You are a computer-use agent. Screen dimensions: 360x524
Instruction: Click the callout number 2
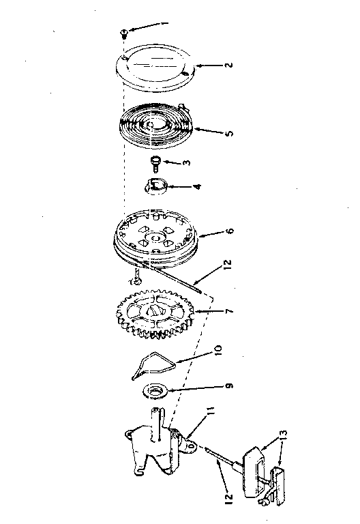coord(228,65)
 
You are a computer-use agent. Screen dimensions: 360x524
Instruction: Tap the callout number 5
coord(229,133)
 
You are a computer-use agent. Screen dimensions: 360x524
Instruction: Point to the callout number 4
coord(197,186)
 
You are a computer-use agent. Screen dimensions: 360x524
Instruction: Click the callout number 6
coord(230,231)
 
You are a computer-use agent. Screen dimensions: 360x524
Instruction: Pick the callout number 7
coord(229,311)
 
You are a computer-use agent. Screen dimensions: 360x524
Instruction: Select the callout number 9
coord(229,385)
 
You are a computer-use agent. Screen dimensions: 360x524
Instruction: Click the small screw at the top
coord(123,33)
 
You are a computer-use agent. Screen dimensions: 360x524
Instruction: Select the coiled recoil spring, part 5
coord(155,126)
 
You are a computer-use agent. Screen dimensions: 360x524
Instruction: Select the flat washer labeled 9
coord(154,391)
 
